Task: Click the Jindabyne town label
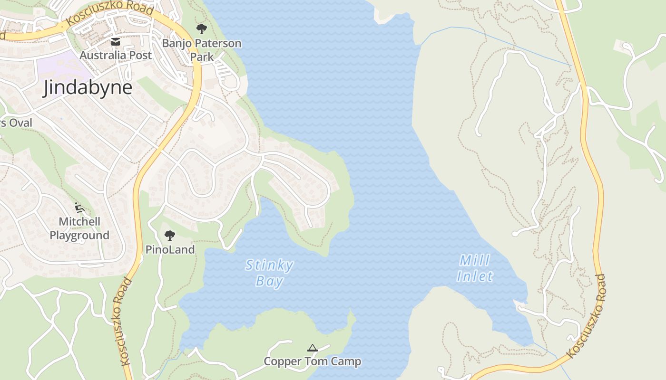point(88,88)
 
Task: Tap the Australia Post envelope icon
point(116,42)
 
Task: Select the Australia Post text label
point(116,55)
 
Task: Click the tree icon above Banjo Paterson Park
point(202,29)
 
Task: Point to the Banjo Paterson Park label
point(202,50)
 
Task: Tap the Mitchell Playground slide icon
point(79,208)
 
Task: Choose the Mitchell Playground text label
point(79,228)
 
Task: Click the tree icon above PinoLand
point(169,235)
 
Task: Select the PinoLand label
point(170,250)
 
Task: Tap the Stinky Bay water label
point(269,273)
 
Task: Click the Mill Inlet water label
point(475,268)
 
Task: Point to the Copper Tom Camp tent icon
point(312,348)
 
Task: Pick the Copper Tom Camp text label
point(312,361)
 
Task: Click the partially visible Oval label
point(16,123)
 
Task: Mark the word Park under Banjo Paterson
point(202,57)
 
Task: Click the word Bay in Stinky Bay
point(269,281)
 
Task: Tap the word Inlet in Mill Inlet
point(475,276)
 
